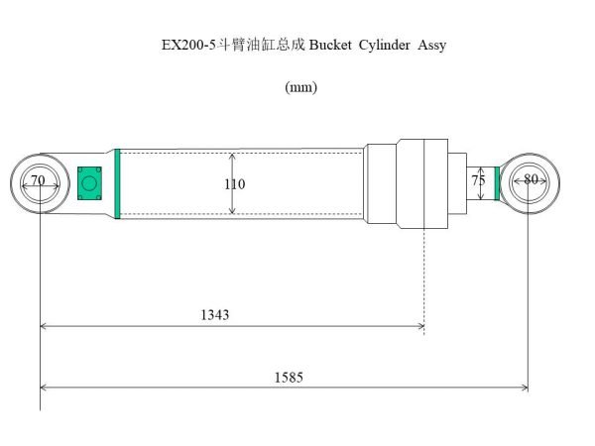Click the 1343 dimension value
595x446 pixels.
[x=214, y=314]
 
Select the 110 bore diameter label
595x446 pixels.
[x=235, y=184]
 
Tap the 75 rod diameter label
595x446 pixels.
[x=479, y=181]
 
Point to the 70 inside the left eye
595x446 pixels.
[x=38, y=180]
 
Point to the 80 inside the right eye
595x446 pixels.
[x=531, y=180]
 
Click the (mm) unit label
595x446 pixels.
[x=300, y=87]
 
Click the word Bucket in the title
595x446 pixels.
[x=333, y=46]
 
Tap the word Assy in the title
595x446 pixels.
[x=433, y=46]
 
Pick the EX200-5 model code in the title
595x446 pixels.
[x=188, y=46]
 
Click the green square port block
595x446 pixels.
[x=90, y=182]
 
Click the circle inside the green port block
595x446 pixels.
[x=90, y=183]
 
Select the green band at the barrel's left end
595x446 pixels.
[x=117, y=182]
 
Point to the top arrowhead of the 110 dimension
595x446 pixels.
[x=232, y=157]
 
